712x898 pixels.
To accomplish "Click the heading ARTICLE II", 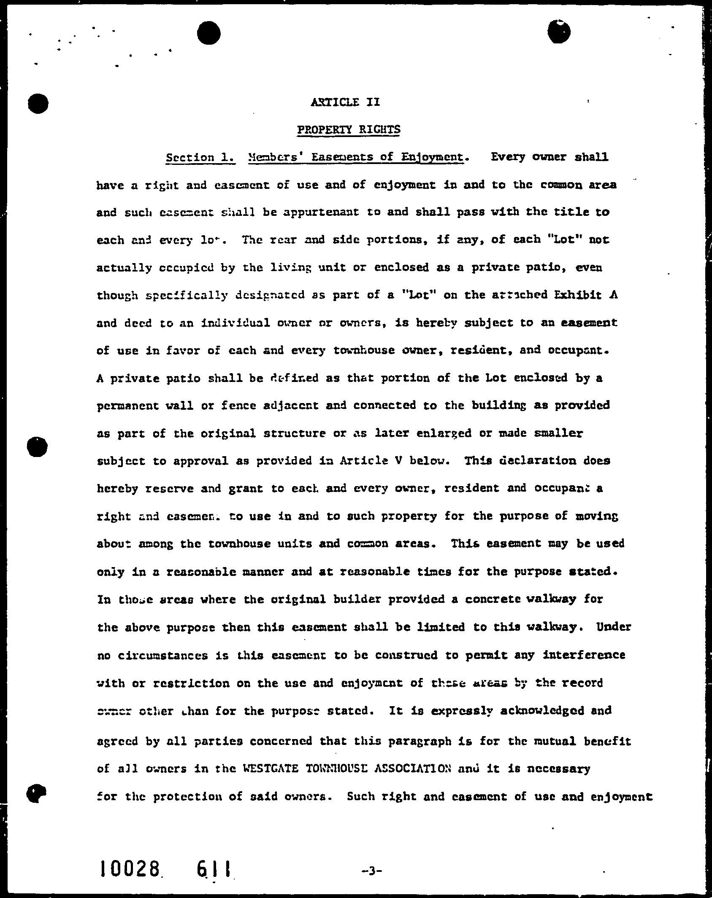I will (345, 102).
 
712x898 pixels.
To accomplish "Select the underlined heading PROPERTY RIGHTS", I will (349, 129).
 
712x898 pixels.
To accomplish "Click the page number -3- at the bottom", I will (371, 868).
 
